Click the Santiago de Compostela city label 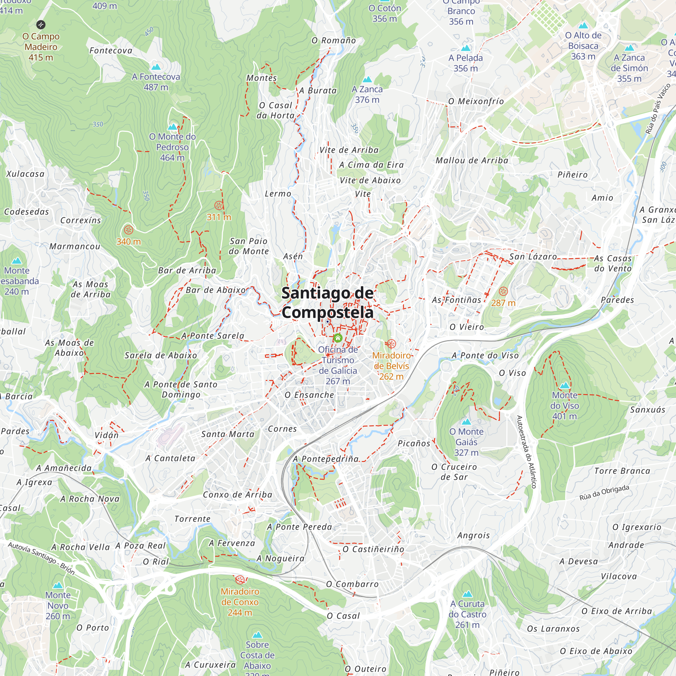click(328, 302)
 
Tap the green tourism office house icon click(338, 338)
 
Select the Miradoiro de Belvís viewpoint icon click(391, 344)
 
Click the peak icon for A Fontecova click(156, 67)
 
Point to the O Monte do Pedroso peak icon click(172, 127)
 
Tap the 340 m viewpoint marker click(128, 230)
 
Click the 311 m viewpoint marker click(219, 206)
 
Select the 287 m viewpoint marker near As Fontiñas click(503, 291)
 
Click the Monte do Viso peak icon click(565, 385)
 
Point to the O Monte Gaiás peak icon click(466, 421)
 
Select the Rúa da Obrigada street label click(604, 493)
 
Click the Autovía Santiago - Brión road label click(41, 558)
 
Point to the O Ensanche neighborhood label click(309, 395)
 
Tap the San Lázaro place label click(533, 257)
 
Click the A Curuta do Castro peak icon click(467, 594)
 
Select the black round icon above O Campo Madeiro click(41, 24)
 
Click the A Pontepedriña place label click(326, 459)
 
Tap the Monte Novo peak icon click(58, 585)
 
